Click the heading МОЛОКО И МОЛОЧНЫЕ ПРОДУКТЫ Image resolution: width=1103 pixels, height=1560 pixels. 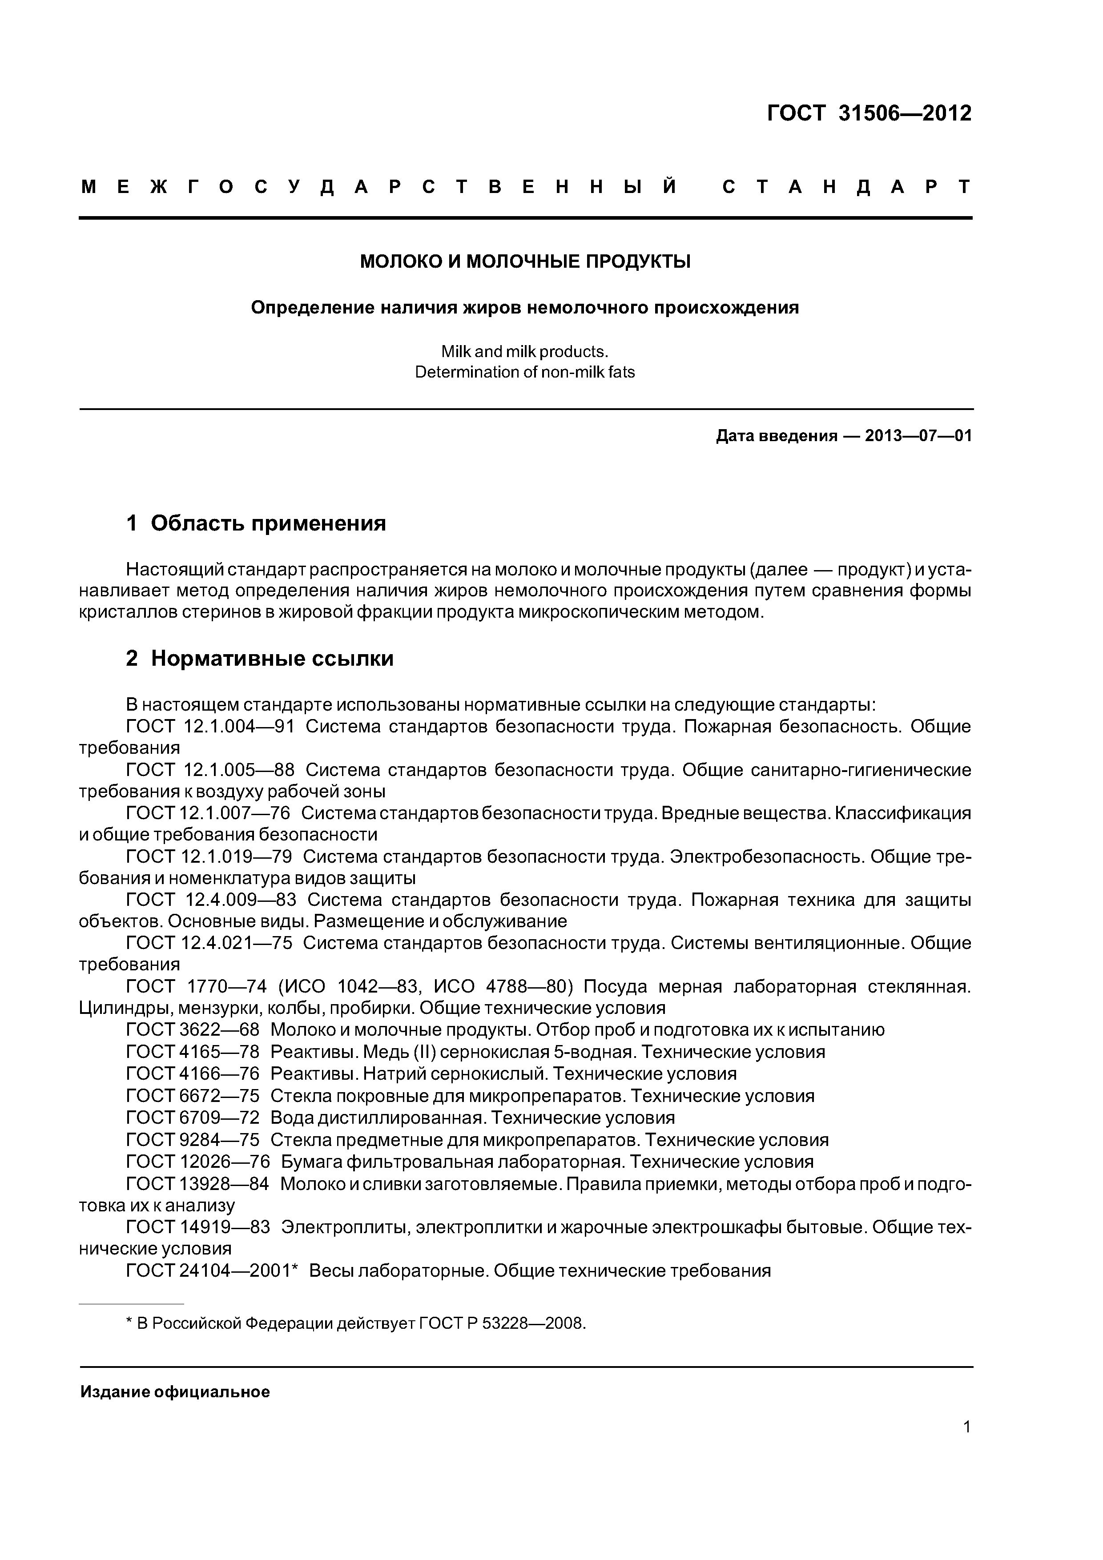point(525,261)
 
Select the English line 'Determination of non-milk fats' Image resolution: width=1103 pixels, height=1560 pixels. point(525,372)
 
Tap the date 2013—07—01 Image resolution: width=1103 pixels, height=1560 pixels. point(918,435)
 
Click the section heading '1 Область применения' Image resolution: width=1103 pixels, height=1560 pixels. point(256,523)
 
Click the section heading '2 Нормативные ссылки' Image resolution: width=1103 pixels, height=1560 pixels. point(260,659)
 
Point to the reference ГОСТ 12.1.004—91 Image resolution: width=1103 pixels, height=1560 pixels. point(210,726)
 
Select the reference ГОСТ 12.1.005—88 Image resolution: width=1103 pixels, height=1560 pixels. point(210,770)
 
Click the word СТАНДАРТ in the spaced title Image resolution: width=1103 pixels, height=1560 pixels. point(846,187)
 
